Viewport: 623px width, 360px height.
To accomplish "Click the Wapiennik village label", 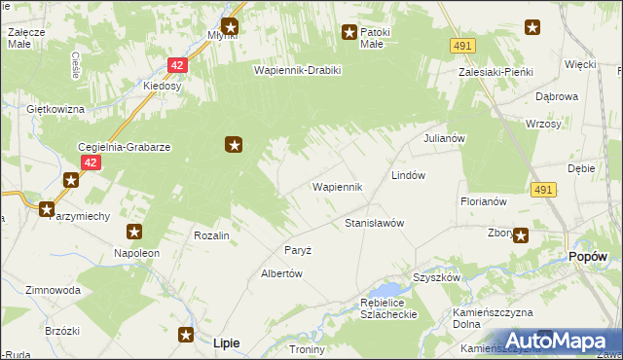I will tap(337, 186).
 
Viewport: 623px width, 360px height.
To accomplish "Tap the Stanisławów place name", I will tap(374, 223).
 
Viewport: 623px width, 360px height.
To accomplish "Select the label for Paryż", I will tap(297, 250).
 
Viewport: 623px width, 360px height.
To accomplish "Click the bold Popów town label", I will tap(587, 257).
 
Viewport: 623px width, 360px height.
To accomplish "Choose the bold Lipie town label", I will tap(226, 342).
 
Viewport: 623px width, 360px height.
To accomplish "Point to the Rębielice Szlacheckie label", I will tap(388, 308).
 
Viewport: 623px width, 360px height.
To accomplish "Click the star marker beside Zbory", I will tap(521, 234).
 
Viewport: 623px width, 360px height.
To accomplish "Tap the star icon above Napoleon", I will tap(134, 232).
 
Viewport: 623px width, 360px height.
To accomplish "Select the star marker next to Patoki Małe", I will tap(348, 33).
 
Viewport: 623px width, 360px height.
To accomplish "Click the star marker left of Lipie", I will tap(187, 335).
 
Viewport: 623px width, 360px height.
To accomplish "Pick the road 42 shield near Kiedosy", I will tap(176, 65).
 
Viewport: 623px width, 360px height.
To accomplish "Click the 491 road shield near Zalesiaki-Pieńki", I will tap(462, 46).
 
